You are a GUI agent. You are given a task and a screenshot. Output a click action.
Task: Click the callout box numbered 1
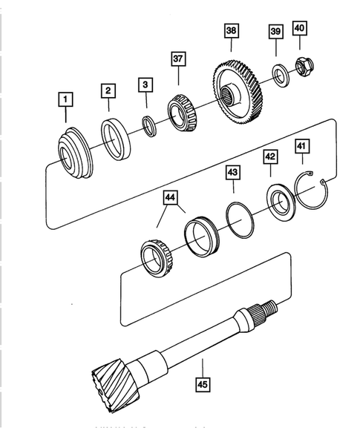(x=65, y=98)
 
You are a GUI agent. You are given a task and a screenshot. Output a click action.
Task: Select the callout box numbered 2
(x=108, y=90)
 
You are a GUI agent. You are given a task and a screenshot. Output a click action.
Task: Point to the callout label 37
(x=178, y=58)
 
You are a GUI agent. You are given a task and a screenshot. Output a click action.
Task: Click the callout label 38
(x=232, y=31)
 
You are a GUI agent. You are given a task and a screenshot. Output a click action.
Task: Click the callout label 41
(x=301, y=147)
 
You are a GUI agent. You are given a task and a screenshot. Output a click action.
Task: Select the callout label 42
(x=269, y=157)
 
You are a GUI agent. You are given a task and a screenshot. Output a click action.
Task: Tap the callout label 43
(x=232, y=172)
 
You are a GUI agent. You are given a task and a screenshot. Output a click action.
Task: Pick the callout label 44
(x=171, y=197)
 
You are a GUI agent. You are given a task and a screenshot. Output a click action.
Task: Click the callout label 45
(x=202, y=384)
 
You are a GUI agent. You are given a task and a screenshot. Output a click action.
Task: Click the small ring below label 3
(x=149, y=124)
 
